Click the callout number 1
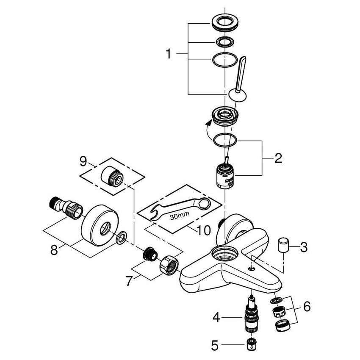coord(169,54)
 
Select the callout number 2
coord(278,158)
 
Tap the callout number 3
coord(304,246)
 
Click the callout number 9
coord(83,161)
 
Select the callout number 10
coord(204,231)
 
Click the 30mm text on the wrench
coord(178,216)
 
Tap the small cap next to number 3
coord(283,245)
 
